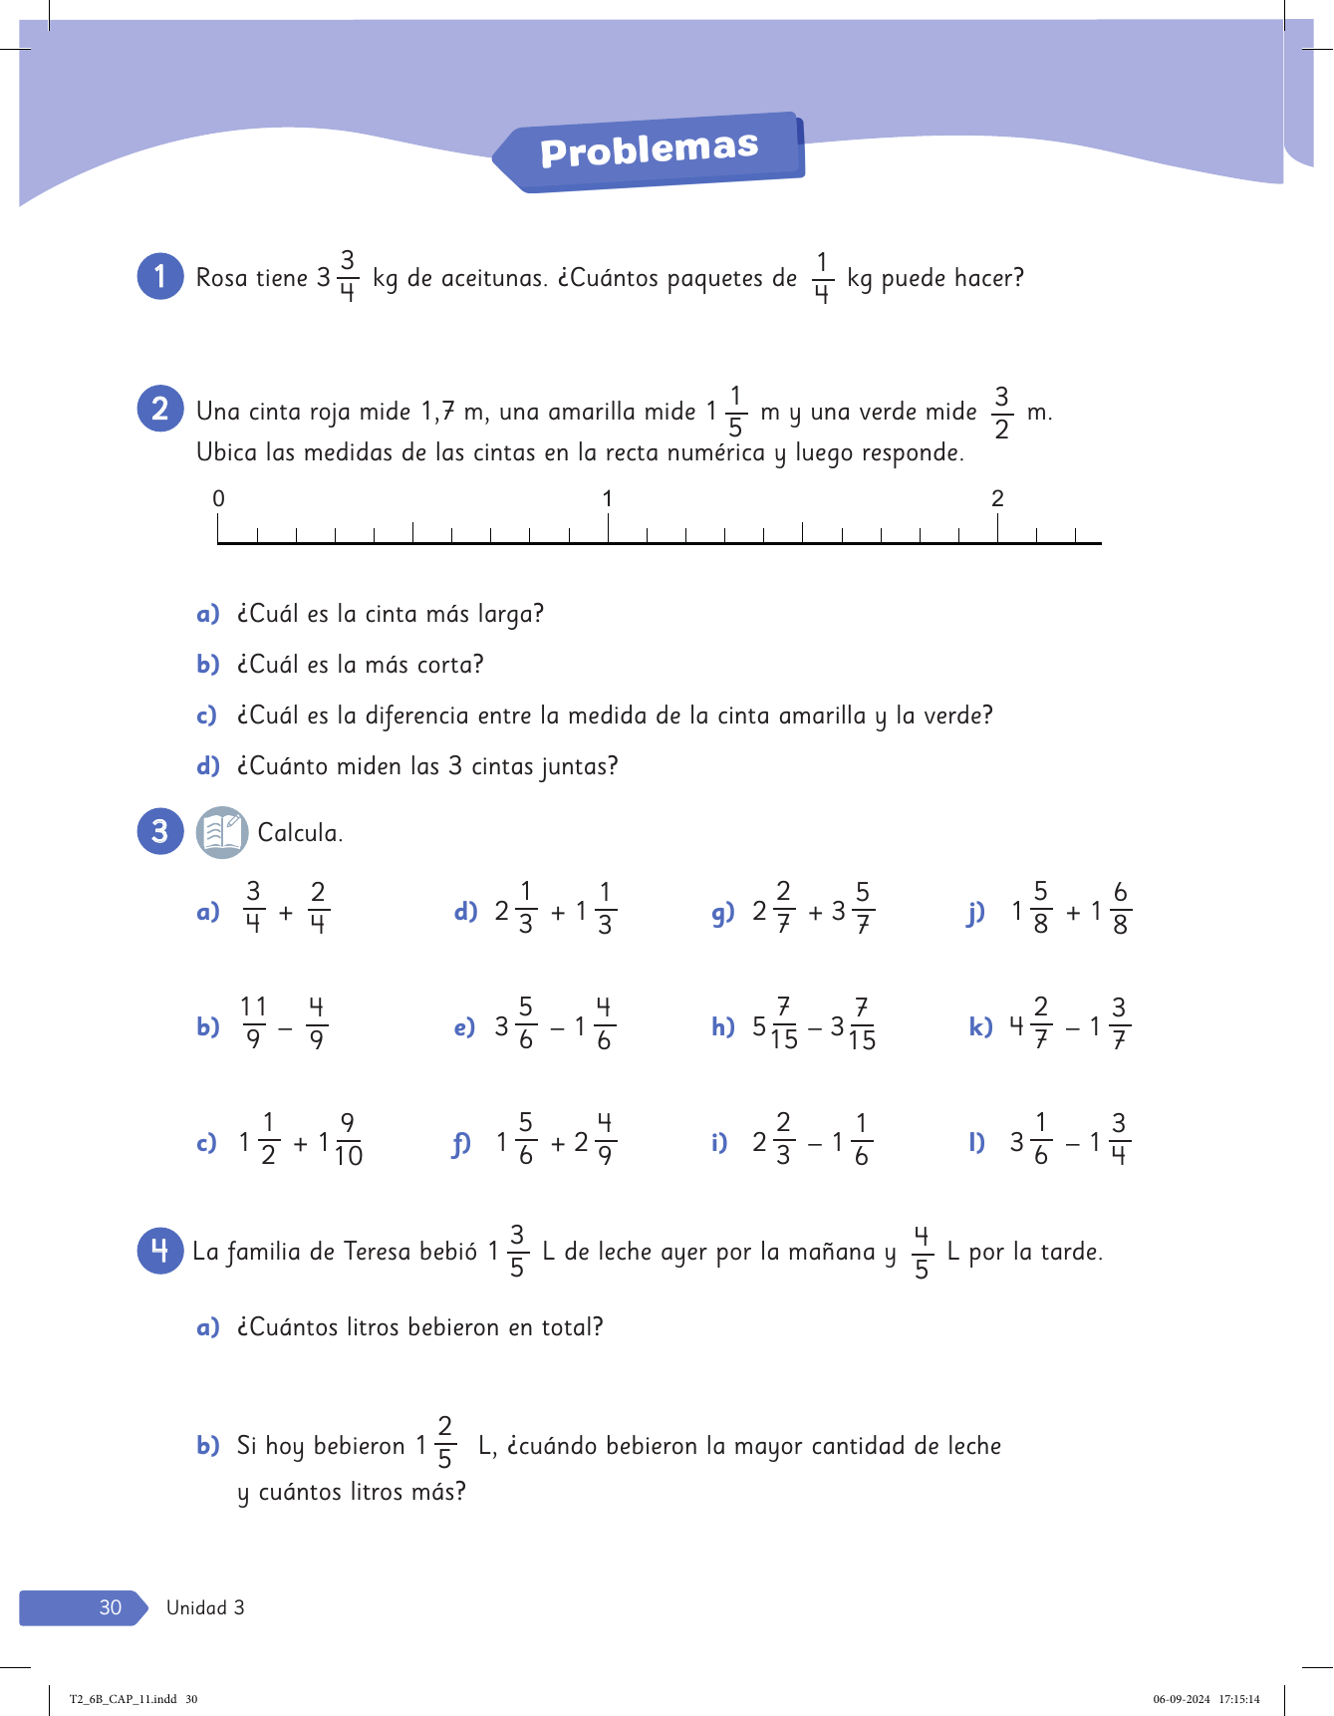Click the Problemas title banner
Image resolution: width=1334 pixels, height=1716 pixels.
[x=649, y=151]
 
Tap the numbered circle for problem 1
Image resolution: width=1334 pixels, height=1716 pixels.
[x=159, y=276]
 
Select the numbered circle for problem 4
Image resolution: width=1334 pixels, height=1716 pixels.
[x=159, y=1250]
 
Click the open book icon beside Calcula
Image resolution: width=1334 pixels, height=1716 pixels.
[x=221, y=832]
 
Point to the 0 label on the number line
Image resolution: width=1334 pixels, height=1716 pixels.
[x=219, y=498]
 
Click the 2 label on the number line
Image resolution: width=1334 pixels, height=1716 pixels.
[x=997, y=498]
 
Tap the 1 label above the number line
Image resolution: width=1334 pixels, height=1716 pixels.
[x=608, y=498]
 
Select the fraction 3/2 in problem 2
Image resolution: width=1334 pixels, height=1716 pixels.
[x=1001, y=413]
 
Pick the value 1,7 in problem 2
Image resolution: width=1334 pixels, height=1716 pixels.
[x=437, y=412]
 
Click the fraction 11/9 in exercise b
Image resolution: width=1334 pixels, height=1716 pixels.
[x=254, y=1023]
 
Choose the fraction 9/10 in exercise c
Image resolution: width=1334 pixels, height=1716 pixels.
[x=348, y=1140]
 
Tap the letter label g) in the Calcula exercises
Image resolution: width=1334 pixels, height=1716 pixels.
[x=722, y=912]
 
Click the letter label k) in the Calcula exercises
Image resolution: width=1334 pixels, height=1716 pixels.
[x=980, y=1026]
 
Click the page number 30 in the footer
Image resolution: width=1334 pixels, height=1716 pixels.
[x=111, y=1607]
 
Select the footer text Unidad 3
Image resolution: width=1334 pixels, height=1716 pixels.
[x=205, y=1607]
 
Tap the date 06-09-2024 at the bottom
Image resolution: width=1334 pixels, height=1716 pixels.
[x=1182, y=1699]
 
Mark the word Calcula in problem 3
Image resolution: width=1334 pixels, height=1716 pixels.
[x=299, y=833]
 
